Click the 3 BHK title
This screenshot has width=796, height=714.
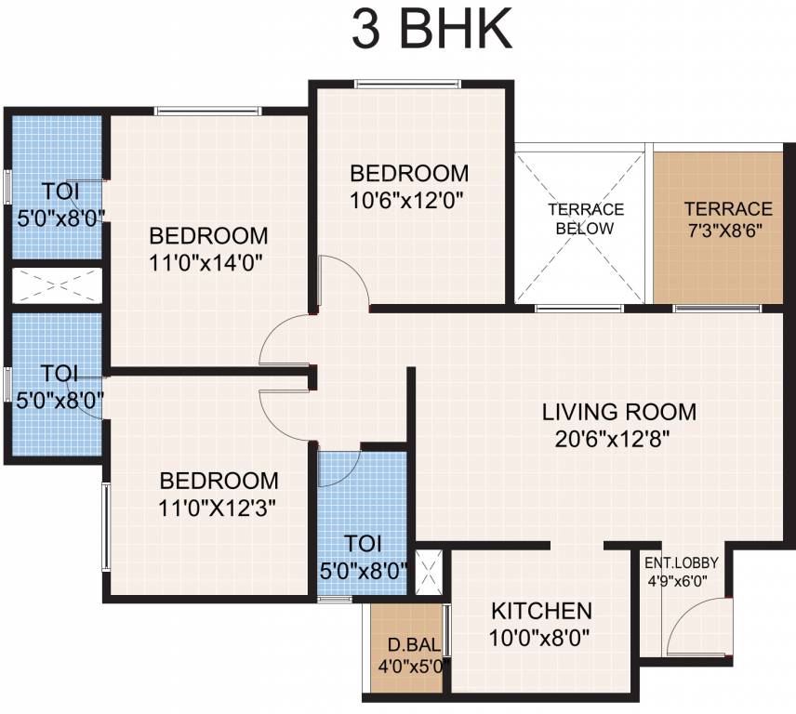[431, 30]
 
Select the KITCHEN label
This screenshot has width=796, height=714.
[541, 612]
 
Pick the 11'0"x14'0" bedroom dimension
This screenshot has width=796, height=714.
[208, 261]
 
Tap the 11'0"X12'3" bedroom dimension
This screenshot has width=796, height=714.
[219, 508]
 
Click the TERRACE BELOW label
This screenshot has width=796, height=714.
[585, 218]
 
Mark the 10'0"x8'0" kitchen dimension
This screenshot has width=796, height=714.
[541, 639]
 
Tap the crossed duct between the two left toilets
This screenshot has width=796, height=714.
[55, 285]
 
